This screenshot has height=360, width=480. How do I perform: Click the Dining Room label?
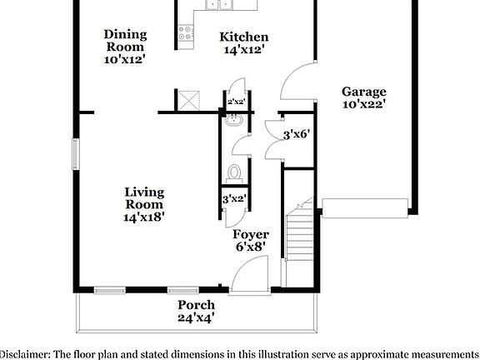click(125, 34)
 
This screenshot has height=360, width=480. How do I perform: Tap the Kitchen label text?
click(243, 37)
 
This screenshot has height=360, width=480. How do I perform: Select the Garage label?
click(363, 92)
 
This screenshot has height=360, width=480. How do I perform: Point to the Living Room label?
click(143, 197)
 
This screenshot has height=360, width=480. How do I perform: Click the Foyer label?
click(249, 234)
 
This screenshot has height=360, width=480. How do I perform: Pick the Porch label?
click(196, 305)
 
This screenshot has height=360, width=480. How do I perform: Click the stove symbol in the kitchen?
click(186, 34)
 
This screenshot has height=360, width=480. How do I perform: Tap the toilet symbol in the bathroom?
click(235, 172)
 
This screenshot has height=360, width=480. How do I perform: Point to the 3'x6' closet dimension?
click(297, 133)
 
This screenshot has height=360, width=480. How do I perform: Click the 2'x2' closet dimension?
click(235, 102)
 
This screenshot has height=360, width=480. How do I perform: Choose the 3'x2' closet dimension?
click(233, 198)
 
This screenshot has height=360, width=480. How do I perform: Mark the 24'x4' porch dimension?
click(196, 317)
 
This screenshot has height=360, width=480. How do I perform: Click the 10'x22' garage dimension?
click(363, 105)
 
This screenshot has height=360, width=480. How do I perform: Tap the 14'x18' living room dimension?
click(143, 217)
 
